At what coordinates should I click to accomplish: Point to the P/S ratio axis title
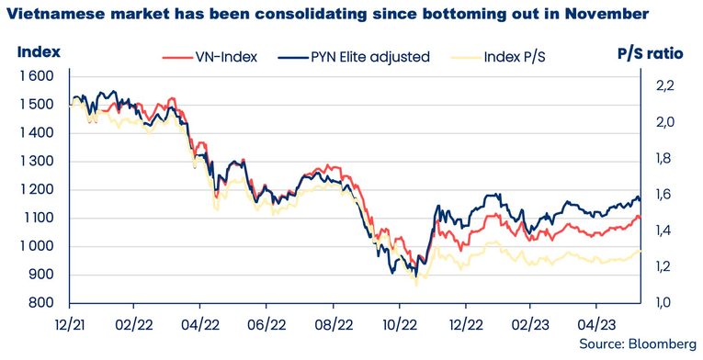pos(650,53)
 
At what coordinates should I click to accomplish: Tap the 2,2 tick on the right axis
pos(664,85)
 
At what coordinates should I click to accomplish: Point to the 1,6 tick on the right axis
pos(664,195)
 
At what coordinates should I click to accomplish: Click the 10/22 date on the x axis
pos(400,323)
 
